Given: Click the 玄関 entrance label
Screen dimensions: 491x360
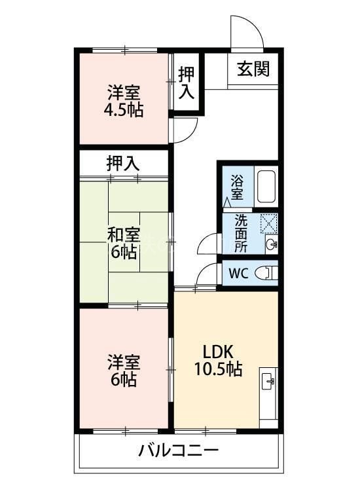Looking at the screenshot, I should (x=253, y=67).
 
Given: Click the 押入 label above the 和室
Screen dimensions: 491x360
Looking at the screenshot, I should (x=123, y=164).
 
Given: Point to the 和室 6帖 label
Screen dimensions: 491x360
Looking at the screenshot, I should (x=123, y=242).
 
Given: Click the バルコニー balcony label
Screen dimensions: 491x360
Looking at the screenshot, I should (x=178, y=451).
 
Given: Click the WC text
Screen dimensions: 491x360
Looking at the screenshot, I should (x=237, y=272).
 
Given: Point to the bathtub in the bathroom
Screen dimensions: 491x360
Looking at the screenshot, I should (x=266, y=187).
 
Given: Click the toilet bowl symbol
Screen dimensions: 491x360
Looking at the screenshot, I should (x=266, y=272).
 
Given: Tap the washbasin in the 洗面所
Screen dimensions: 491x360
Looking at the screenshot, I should (x=272, y=245).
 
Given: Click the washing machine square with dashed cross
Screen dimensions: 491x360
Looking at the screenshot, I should (x=268, y=223).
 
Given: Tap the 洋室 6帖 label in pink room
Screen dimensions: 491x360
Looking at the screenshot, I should (x=123, y=371).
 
